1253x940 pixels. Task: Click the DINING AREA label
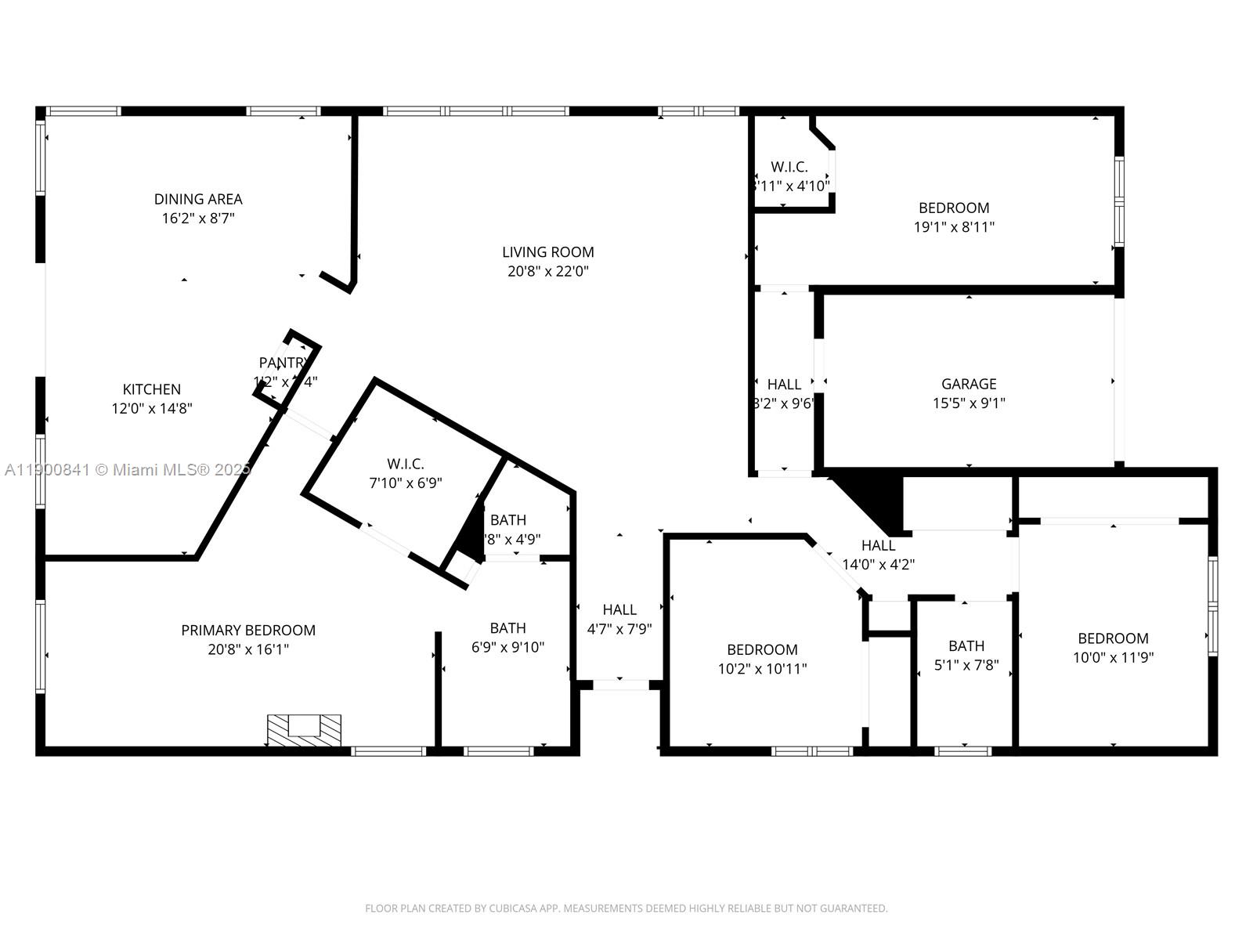point(198,199)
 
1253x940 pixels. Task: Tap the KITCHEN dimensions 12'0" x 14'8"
point(152,408)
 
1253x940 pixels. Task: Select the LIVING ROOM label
point(547,252)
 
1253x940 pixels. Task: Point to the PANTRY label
point(283,363)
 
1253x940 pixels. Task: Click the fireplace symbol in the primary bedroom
point(304,729)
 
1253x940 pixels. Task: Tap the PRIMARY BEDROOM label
point(248,631)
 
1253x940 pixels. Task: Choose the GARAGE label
point(969,384)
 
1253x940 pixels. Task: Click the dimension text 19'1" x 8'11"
point(954,227)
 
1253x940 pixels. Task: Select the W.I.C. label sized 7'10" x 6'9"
point(406,465)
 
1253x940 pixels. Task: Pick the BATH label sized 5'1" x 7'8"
point(966,646)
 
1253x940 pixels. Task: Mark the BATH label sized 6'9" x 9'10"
point(507,628)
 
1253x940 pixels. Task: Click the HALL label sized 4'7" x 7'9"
point(619,609)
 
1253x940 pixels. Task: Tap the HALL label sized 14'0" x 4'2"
point(878,546)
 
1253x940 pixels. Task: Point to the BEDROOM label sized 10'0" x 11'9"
point(1113,638)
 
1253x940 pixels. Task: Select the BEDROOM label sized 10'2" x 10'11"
point(762,649)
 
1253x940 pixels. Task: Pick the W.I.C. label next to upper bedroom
point(789,167)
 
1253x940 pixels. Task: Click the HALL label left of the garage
point(784,385)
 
